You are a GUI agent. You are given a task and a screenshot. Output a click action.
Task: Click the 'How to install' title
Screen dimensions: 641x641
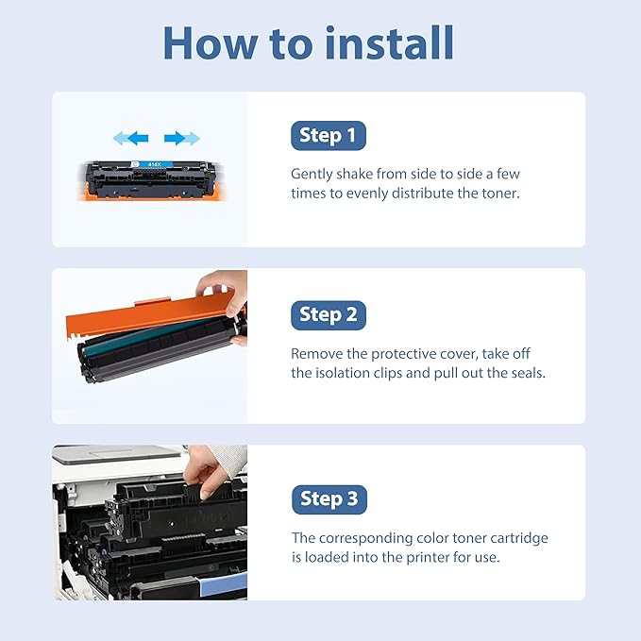coord(309,43)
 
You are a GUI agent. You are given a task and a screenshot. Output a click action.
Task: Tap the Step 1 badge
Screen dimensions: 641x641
coord(328,136)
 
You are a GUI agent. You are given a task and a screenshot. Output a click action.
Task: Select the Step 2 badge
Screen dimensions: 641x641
coord(328,314)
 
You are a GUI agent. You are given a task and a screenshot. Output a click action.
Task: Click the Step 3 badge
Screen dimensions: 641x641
coord(329,498)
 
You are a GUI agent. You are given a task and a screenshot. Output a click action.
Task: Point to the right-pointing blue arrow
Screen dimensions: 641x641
coord(181,139)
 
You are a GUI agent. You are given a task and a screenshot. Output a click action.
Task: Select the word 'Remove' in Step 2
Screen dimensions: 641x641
coord(315,354)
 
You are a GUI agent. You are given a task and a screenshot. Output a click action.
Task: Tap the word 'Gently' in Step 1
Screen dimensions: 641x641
coord(312,175)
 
